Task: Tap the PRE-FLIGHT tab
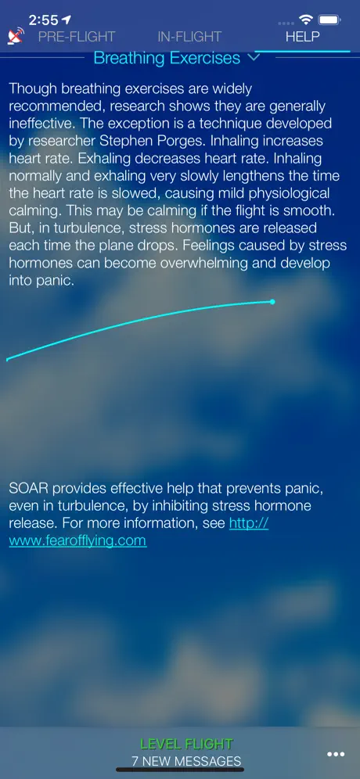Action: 77,37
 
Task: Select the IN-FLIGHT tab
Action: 189,37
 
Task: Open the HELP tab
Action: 302,37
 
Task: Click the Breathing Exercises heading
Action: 167,58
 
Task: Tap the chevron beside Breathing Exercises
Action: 254,57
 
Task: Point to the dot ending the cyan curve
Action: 272,302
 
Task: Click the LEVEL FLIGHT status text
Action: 186,744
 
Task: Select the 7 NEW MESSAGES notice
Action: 186,760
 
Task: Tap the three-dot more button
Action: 336,754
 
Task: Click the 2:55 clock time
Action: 44,20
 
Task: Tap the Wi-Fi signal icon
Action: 306,20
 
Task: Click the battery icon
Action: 329,20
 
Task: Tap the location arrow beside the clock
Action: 67,20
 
